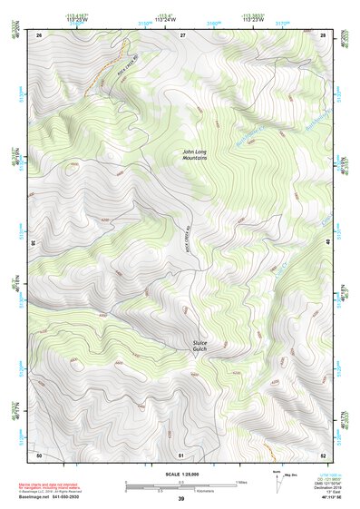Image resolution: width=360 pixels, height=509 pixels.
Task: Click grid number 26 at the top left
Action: (39, 34)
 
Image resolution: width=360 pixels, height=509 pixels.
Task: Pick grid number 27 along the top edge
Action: (181, 34)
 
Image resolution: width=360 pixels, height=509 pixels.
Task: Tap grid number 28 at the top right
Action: (323, 34)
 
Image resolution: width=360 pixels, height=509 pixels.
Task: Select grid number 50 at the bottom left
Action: (39, 454)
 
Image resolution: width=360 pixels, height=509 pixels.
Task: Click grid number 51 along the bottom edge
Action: (181, 454)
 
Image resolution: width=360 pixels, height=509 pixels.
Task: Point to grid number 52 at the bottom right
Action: (323, 454)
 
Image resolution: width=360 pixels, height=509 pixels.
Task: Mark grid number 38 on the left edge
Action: (34, 243)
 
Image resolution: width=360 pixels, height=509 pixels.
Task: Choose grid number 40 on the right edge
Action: (329, 243)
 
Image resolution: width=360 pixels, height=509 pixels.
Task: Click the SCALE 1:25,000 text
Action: (181, 474)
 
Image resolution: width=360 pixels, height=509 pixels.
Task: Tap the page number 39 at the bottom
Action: (181, 498)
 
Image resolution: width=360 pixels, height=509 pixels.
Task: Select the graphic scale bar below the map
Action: (181, 485)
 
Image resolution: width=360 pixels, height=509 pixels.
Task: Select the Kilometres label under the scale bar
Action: (181, 491)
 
